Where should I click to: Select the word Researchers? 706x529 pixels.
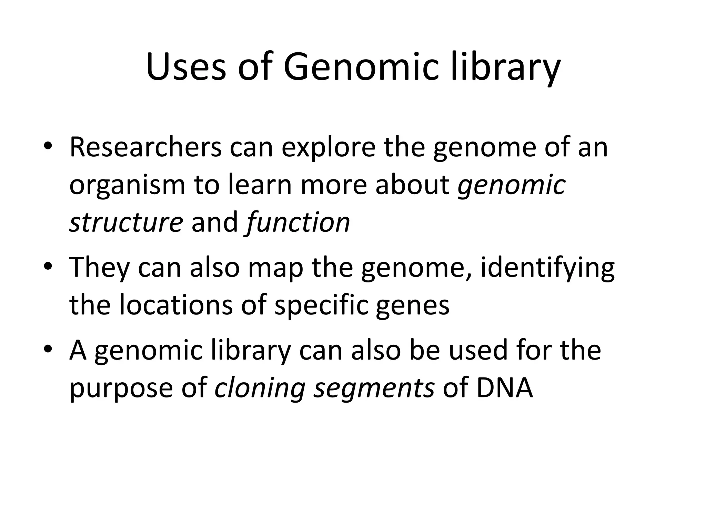coord(145,147)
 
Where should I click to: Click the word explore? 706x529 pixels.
coord(329,147)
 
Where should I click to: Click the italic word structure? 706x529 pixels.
coord(126,222)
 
